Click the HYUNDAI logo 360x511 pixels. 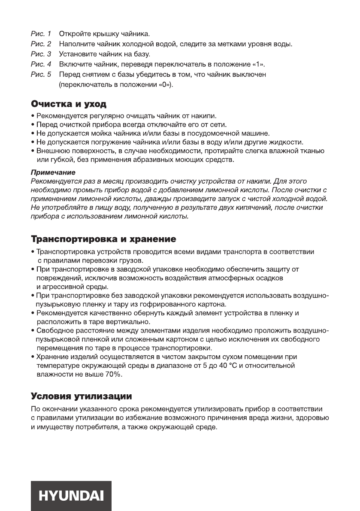point(71,496)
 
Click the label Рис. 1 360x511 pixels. point(41,33)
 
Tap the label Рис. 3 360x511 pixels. point(41,54)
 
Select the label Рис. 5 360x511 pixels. point(41,75)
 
